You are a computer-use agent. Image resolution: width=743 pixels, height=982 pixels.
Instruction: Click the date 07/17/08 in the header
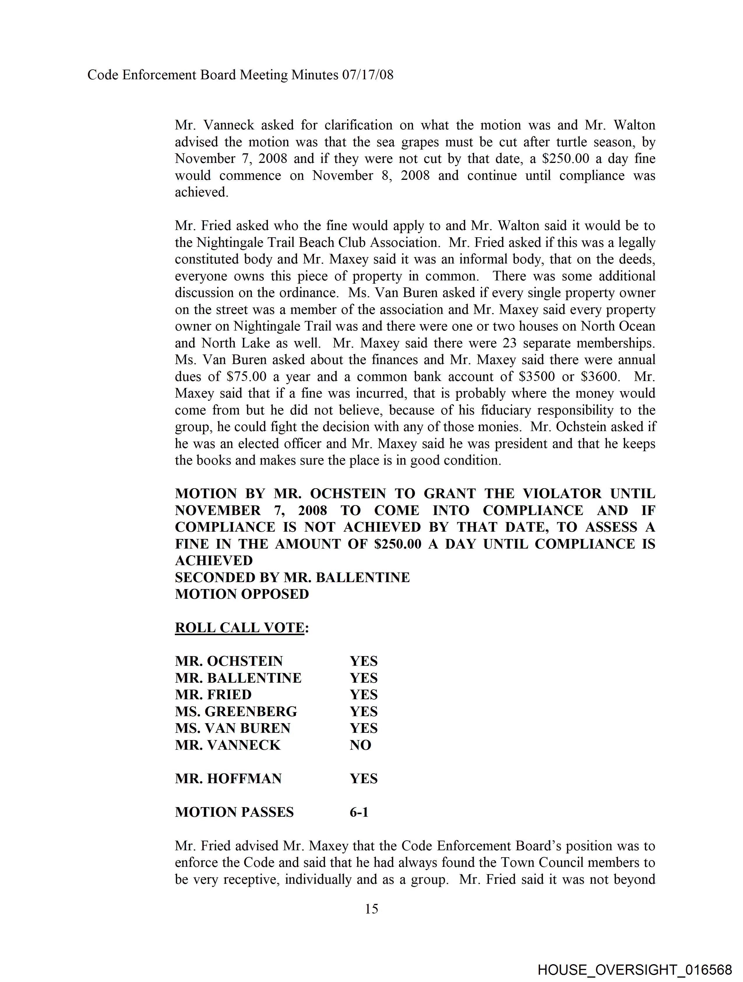(x=367, y=75)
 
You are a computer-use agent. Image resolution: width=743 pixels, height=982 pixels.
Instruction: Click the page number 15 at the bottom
(x=371, y=909)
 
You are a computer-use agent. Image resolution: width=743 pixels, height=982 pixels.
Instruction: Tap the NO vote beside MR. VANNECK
(x=360, y=745)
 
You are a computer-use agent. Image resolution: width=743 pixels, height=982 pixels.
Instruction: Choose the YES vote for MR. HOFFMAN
(x=364, y=779)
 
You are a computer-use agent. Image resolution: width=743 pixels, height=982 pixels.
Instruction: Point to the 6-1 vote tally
(x=359, y=812)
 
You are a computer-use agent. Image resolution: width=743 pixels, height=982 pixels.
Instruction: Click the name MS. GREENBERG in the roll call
(x=236, y=711)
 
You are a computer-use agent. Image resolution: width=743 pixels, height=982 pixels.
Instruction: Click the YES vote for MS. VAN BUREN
(x=364, y=728)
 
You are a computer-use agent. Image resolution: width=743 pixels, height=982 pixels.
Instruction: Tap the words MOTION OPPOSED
(x=242, y=594)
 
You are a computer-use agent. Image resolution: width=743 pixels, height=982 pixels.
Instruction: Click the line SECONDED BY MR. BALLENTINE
(x=292, y=577)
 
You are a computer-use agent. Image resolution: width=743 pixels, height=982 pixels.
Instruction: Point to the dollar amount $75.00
(x=246, y=377)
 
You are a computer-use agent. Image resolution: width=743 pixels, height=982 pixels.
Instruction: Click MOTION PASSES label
(x=234, y=812)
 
